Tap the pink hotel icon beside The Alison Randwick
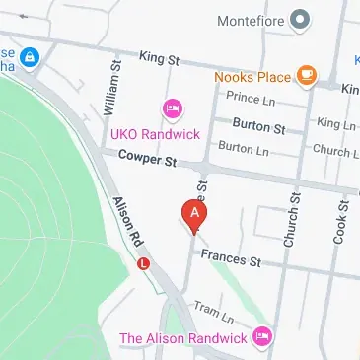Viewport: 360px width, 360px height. click(x=260, y=336)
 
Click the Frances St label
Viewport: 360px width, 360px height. click(x=229, y=260)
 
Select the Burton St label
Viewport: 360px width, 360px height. click(x=257, y=127)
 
